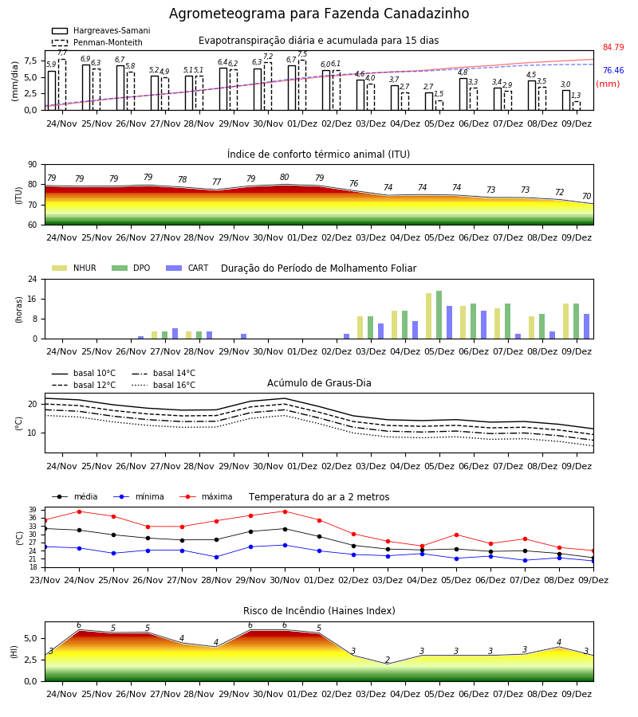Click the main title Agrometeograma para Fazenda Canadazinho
click(319, 14)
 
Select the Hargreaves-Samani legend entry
click(100, 30)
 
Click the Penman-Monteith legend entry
click(97, 42)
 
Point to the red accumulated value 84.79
click(613, 47)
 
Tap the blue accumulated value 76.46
click(613, 70)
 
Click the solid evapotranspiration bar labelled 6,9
click(86, 88)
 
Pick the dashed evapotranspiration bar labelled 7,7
click(61, 85)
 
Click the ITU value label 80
click(284, 177)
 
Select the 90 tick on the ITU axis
click(33, 165)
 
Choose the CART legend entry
click(187, 268)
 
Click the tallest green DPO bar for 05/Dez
click(439, 315)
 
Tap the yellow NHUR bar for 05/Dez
click(429, 316)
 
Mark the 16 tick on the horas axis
click(33, 299)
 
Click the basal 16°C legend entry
click(163, 385)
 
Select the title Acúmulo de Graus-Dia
click(319, 383)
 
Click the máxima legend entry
click(207, 496)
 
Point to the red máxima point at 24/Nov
click(79, 511)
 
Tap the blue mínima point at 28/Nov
click(216, 557)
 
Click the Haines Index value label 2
click(388, 660)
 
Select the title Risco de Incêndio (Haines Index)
click(319, 611)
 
